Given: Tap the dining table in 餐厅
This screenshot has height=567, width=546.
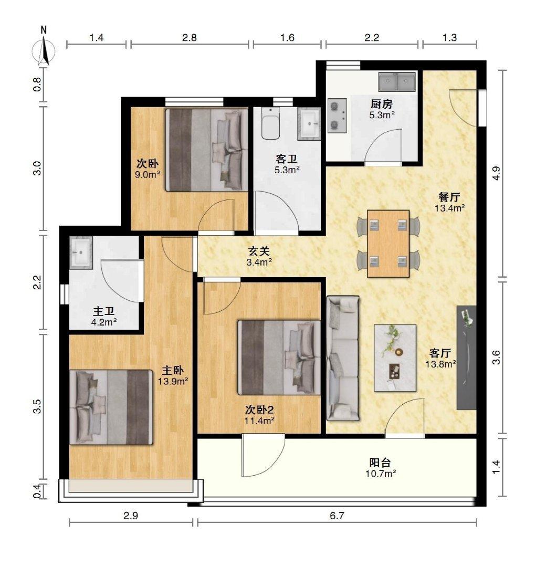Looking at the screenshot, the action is tap(388, 244).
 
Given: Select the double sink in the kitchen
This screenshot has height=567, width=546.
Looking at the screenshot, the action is tap(397, 81).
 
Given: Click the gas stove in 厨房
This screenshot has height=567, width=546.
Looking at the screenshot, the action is tap(338, 115).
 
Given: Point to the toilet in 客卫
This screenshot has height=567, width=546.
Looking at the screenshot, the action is tap(270, 124).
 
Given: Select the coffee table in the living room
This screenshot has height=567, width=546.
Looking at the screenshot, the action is tap(395, 358).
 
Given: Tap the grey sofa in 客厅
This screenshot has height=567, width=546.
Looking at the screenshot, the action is tap(343, 358).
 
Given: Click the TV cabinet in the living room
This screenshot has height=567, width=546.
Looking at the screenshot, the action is tap(466, 358).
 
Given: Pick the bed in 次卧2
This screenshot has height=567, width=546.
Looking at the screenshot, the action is tap(279, 358).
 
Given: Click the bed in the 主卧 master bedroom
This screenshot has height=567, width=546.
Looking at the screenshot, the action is tap(111, 407).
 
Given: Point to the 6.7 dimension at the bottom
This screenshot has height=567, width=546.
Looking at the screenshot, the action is tap(337, 516).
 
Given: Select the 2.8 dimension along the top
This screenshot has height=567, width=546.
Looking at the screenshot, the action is tap(190, 37).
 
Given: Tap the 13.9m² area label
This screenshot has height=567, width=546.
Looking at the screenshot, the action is tap(173, 381).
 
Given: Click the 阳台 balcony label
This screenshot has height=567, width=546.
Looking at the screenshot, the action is tap(380, 462).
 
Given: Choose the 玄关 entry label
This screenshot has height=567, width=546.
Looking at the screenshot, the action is tap(259, 250).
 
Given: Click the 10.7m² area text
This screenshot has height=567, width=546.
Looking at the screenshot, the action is tap(381, 474).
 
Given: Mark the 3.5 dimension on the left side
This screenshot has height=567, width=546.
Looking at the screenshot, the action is tap(38, 406).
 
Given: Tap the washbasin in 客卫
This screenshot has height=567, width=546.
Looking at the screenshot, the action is tap(309, 123).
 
